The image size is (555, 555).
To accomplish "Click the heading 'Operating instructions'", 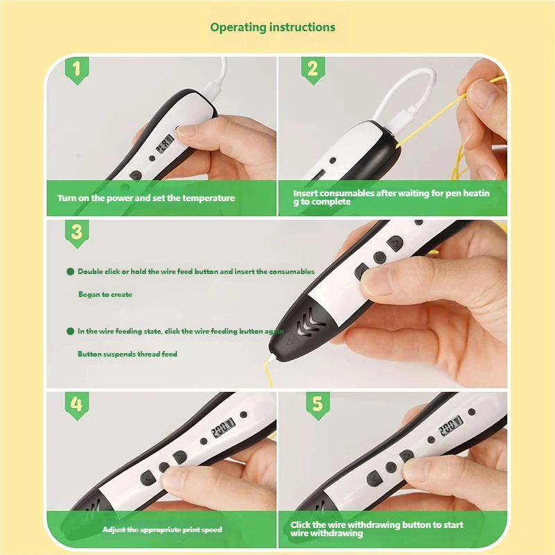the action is coord(273,28).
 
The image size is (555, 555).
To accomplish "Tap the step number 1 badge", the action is coord(77,70).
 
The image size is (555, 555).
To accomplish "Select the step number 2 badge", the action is coord(313,70).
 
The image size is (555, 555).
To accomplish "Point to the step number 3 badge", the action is coord(77,234).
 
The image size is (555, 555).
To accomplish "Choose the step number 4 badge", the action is coord(77,406).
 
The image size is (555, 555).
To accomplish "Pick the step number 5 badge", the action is coord(318,406).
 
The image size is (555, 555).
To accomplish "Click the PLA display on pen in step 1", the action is coord(165,144).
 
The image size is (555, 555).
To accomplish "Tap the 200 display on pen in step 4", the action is coord(223,427).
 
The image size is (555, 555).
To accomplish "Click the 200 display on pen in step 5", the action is coord(450,425).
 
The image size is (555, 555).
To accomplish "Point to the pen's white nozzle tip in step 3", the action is coord(271,358).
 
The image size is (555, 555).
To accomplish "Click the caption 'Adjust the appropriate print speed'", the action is coord(162,529).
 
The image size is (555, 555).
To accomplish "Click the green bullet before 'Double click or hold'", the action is coord(70,271).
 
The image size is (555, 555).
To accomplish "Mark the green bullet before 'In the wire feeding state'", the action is coord(70,332).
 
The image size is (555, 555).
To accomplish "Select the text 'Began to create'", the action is coord(105,294).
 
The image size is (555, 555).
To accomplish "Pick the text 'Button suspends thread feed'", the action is coord(128,354).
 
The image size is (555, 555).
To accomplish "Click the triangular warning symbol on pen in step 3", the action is coord(293,338).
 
